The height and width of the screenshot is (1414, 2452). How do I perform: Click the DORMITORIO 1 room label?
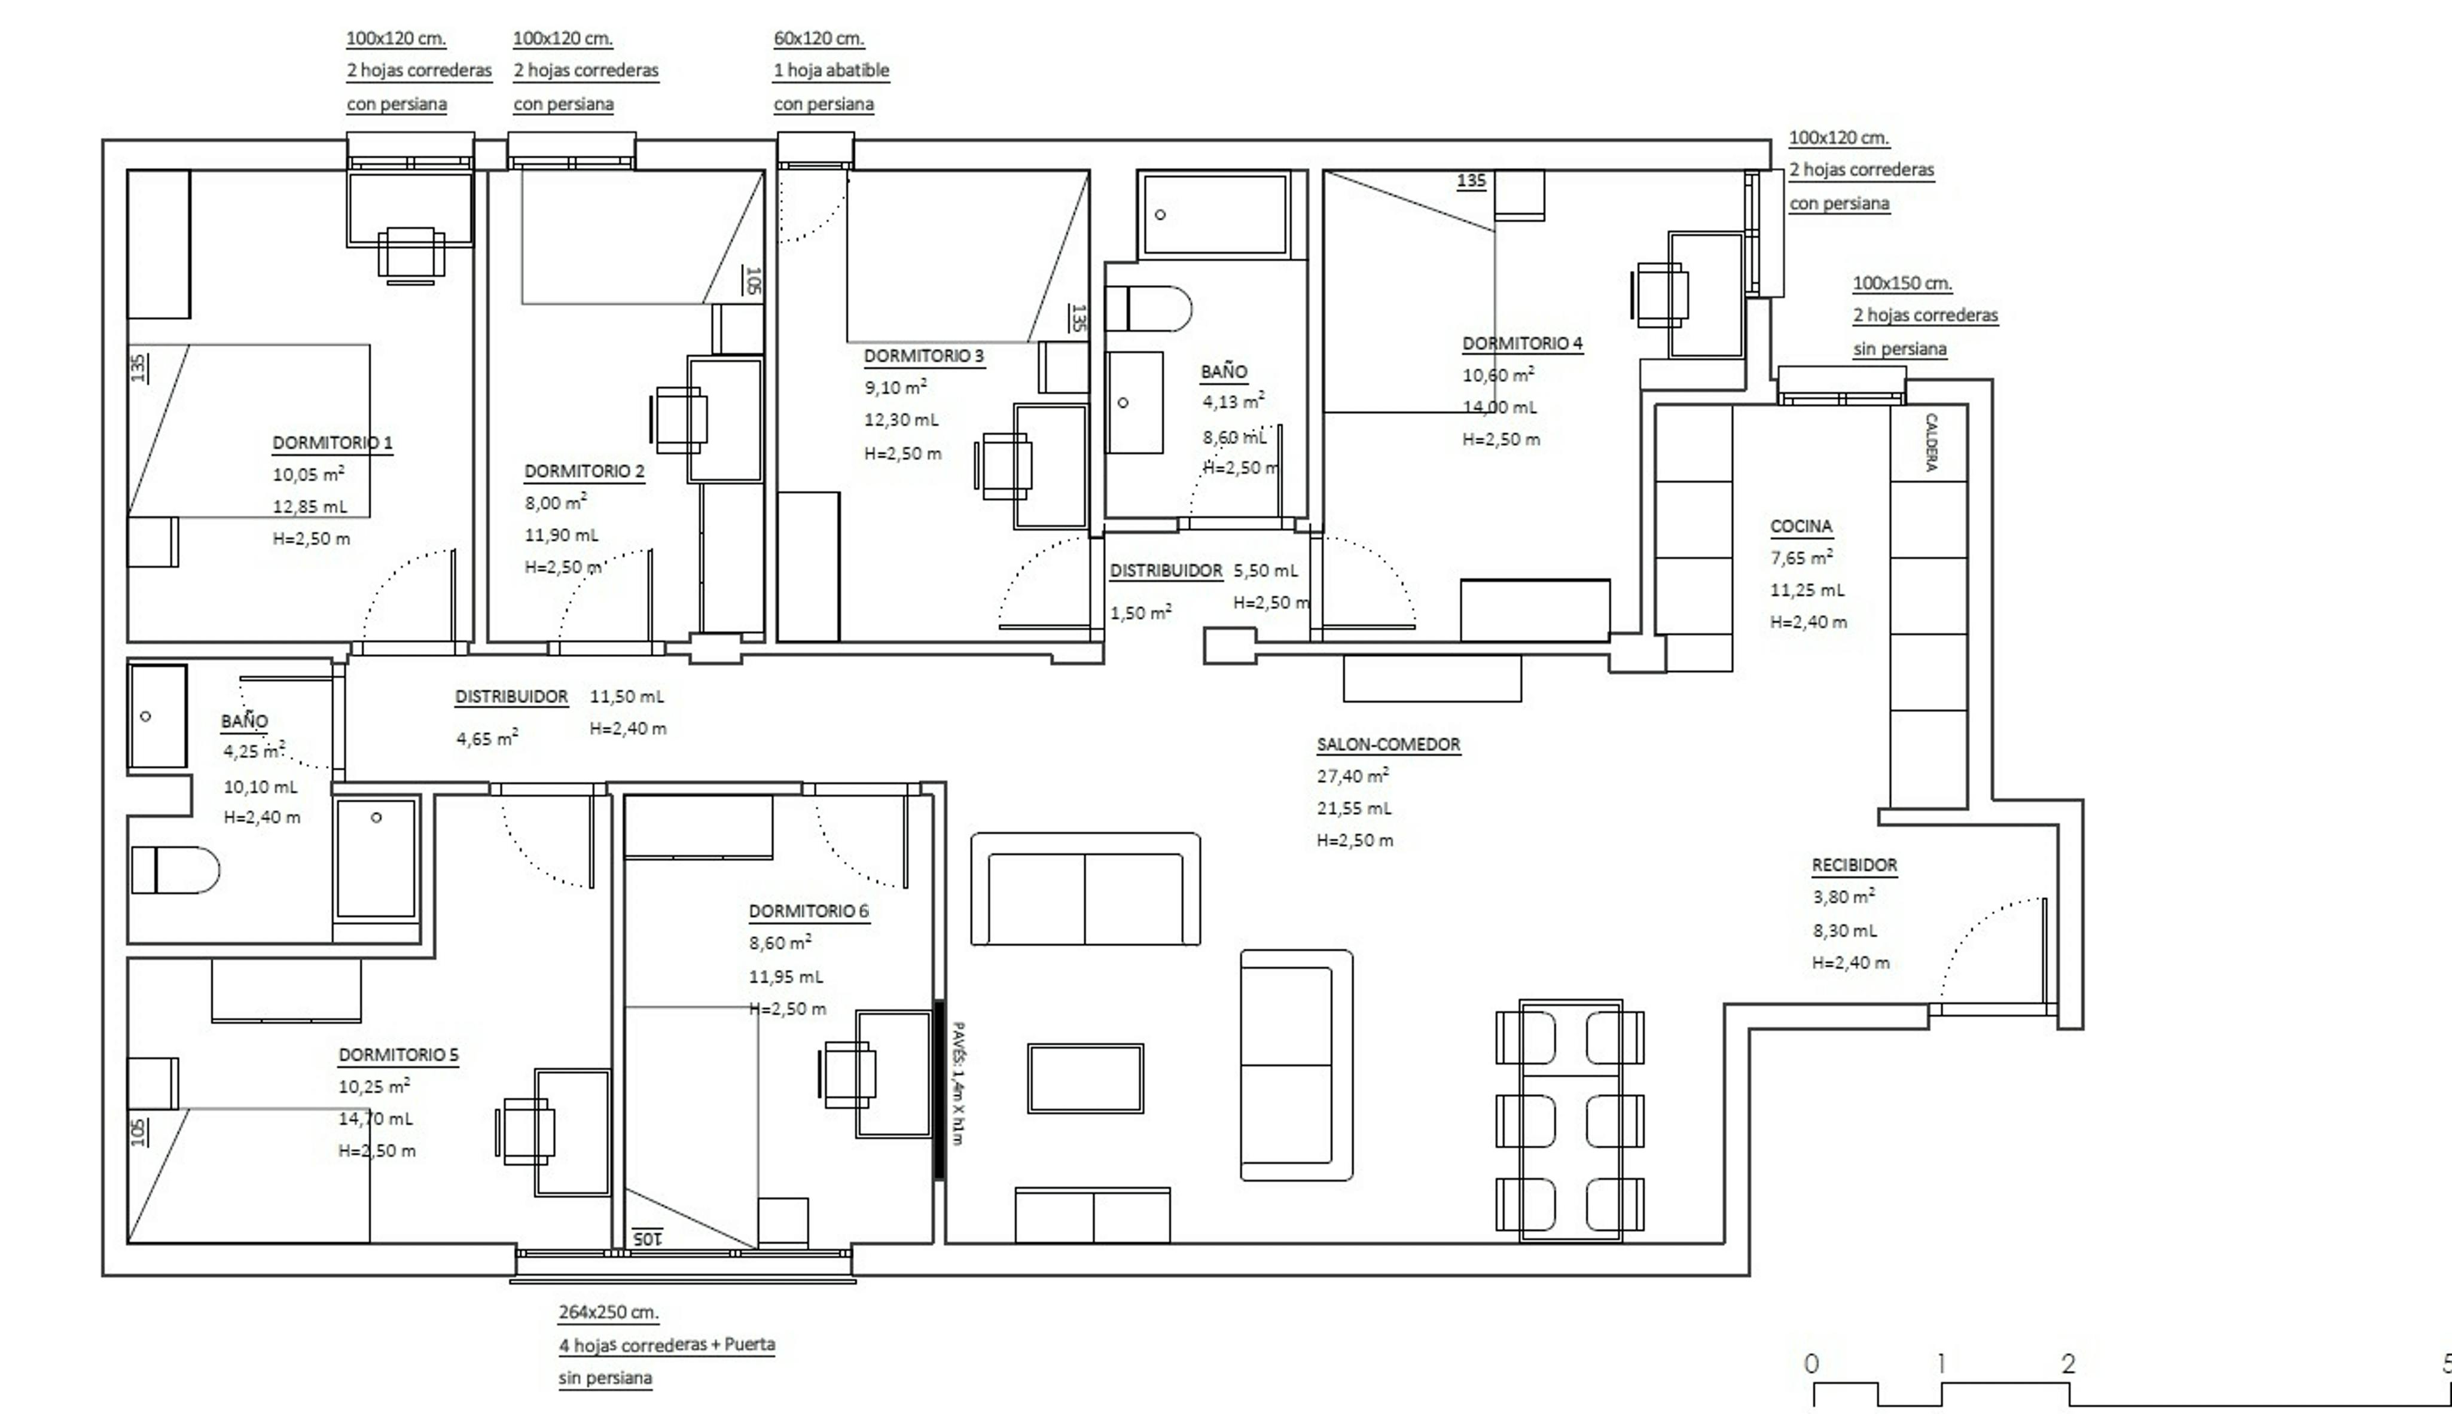click(332, 443)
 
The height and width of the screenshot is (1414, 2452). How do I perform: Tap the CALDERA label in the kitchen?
click(1931, 442)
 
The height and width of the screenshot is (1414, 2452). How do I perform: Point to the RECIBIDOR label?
click(1854, 865)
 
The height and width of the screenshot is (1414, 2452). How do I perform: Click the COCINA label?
click(1800, 526)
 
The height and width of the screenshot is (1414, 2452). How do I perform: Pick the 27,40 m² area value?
click(1352, 776)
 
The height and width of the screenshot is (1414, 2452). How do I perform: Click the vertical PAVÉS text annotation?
click(957, 1083)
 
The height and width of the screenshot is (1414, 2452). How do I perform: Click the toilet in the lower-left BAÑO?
click(175, 870)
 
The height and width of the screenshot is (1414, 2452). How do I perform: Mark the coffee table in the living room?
click(1085, 1078)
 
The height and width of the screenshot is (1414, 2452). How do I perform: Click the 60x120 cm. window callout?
click(819, 39)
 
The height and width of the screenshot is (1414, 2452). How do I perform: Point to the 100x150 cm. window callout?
click(1901, 283)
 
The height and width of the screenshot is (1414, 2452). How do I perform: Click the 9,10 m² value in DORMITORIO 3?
click(894, 387)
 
